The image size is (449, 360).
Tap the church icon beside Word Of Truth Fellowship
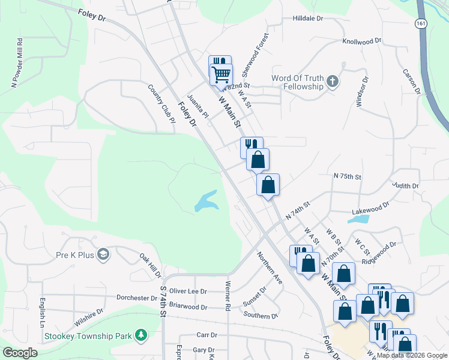332,82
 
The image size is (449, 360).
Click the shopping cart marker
221,76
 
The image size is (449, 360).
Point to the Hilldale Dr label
308,19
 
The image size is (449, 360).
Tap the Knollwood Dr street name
362,41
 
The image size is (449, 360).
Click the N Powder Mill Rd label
16,64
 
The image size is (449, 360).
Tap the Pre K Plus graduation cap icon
103,255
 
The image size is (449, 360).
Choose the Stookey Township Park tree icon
141,335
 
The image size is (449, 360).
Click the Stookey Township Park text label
88,337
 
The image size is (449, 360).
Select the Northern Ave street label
270,267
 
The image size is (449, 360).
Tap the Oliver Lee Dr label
188,291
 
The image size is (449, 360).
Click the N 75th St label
348,177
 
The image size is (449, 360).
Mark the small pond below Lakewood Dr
358,218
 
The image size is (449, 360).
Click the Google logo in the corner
20,353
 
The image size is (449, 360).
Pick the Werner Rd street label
228,296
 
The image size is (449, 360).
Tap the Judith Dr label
405,186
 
